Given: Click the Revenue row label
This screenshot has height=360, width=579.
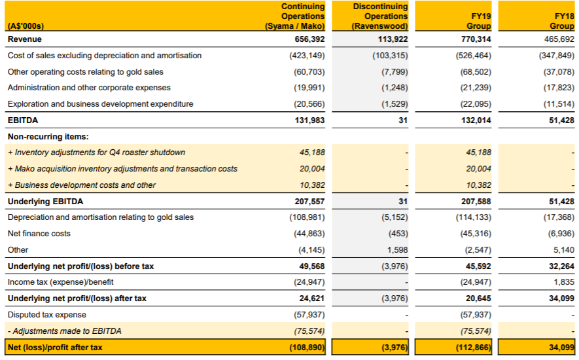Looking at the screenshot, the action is [25, 39].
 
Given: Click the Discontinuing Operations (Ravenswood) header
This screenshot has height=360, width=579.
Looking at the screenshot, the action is [379, 16].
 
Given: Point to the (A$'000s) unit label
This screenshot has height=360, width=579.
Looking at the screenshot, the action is [26, 26].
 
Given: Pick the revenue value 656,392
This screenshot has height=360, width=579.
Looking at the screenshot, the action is [309, 39].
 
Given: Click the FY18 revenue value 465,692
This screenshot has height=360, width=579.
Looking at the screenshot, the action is [559, 39].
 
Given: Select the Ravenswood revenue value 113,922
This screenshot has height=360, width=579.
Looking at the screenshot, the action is [393, 39].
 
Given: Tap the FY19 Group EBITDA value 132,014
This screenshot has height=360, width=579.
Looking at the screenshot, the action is [476, 120].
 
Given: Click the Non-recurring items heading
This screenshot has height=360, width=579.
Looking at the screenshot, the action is [48, 137].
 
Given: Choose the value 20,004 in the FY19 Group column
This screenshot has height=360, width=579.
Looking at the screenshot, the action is [478, 169].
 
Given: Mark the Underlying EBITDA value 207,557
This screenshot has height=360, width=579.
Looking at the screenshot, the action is [309, 202].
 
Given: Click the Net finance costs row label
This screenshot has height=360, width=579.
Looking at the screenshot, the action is [39, 234].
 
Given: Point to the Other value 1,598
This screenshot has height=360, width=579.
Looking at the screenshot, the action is [397, 250].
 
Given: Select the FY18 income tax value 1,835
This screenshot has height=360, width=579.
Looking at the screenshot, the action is [564, 282].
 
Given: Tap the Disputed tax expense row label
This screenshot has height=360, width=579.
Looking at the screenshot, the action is [47, 315].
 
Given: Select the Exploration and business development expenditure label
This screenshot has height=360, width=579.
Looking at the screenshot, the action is [101, 104].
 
